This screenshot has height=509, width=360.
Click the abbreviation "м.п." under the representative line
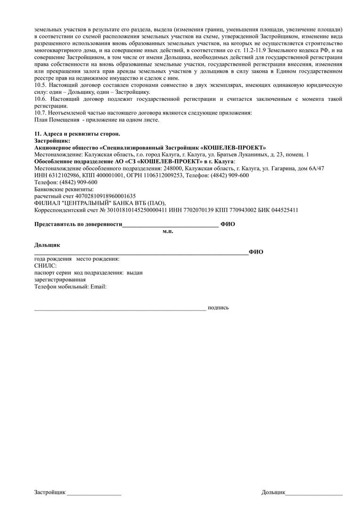coord(168,231)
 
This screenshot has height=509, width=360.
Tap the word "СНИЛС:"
coord(45,266)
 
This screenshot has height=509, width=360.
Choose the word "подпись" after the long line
coord(218,308)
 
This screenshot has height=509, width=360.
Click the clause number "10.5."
coord(41,85)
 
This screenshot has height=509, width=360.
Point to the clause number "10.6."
coord(41,99)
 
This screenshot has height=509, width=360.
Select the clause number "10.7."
coord(41,113)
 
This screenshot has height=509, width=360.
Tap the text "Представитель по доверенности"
coord(78,224)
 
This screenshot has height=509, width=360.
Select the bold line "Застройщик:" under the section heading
coord(52,140)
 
